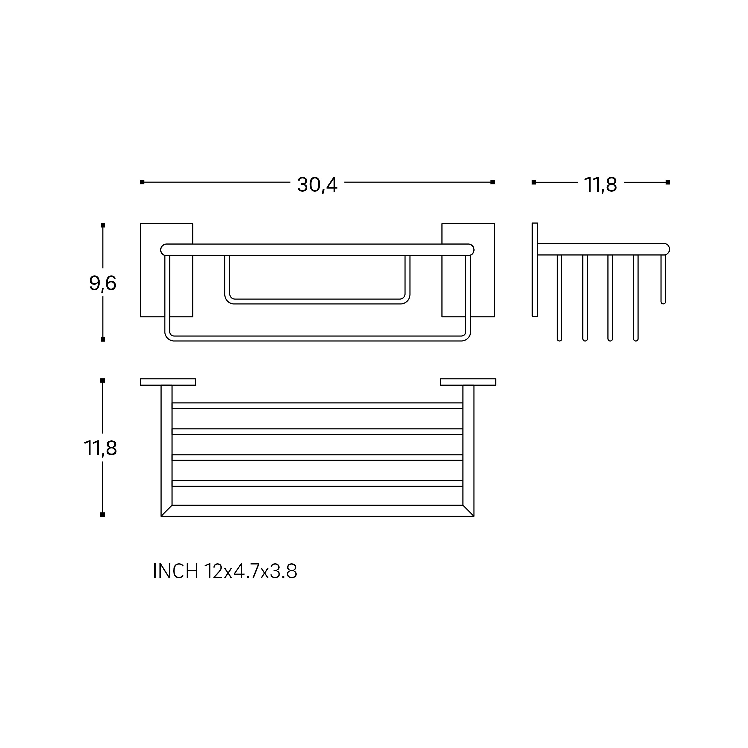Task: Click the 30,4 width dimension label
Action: (317, 185)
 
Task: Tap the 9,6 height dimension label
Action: (103, 283)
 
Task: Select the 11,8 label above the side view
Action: (600, 185)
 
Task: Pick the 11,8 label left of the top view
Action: (100, 449)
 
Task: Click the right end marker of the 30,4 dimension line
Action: (493, 182)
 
